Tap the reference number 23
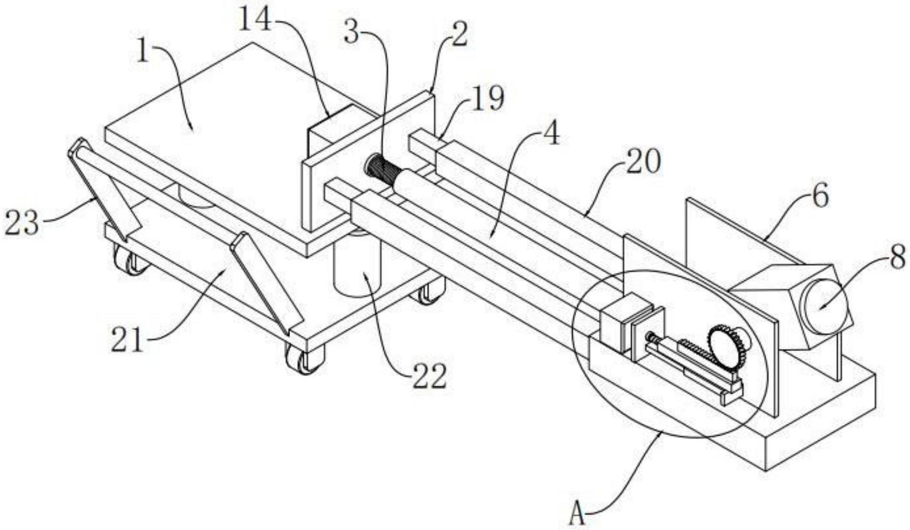pos(21,223)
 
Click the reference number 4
pos(550,135)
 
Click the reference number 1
pos(143,52)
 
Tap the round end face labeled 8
pos(824,305)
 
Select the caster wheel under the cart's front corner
pos(305,358)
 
